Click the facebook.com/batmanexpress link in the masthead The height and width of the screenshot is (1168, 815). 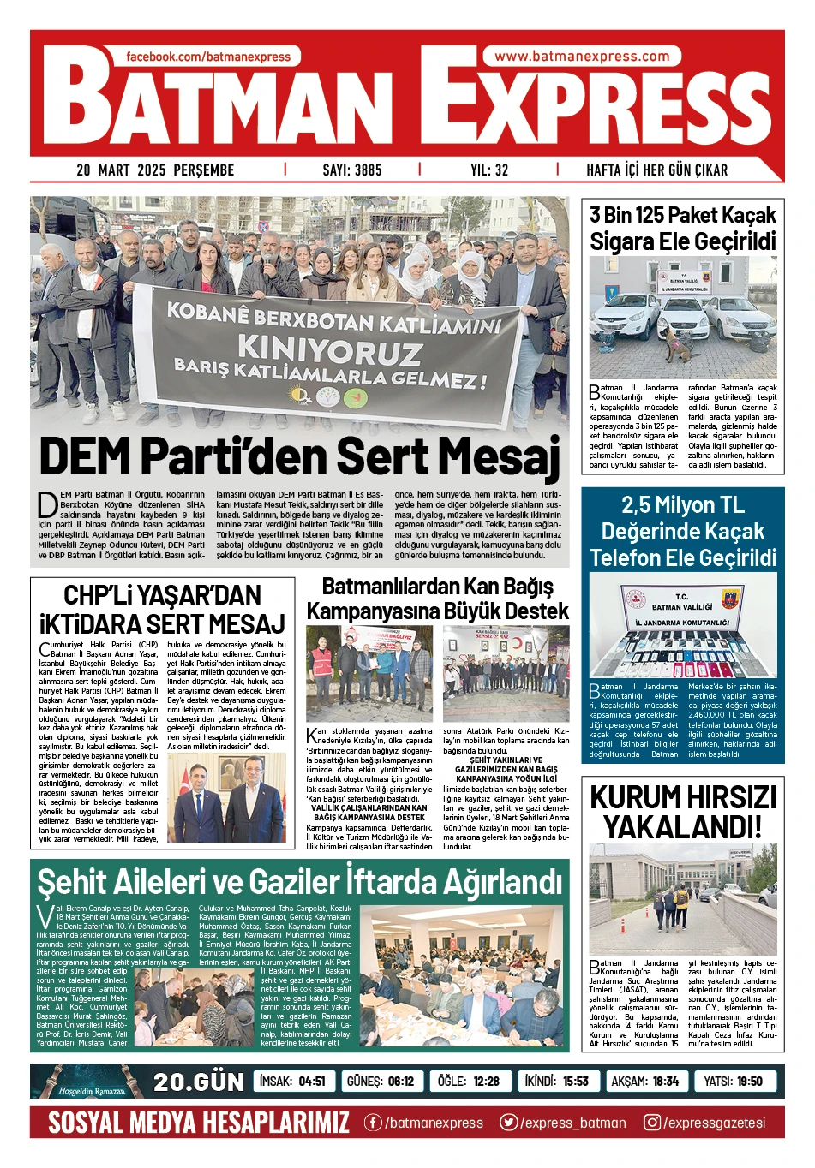pos(208,57)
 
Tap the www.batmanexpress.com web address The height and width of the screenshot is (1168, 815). pos(582,57)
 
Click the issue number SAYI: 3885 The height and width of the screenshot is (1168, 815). pos(351,170)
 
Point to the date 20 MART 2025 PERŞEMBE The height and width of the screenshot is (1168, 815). pos(155,170)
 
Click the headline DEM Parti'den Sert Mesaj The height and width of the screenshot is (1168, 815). pos(299,456)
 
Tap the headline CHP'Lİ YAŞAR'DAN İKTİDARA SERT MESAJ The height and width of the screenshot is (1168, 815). pos(162,609)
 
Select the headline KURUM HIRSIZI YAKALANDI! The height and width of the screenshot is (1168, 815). pos(683,812)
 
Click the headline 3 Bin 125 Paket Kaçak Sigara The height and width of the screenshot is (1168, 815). pos(683,228)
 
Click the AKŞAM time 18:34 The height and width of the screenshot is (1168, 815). pos(665,1081)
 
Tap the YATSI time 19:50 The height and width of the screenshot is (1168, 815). pos(749,1081)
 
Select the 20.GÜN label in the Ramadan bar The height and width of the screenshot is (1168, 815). pos(198,1082)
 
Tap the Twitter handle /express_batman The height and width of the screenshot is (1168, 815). pos(572,1123)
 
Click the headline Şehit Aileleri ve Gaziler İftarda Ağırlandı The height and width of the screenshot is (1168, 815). pos(299,881)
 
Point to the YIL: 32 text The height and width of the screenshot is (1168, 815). pos(489,170)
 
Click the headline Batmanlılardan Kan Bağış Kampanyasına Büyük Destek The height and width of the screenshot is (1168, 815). pos(437,599)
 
